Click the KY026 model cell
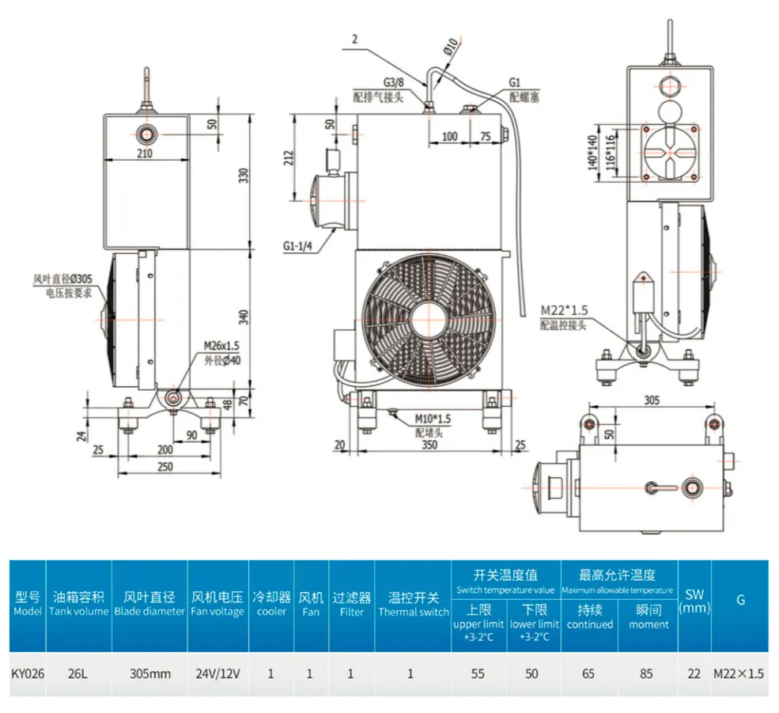[28, 673]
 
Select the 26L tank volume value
[78, 673]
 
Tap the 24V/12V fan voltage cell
[217, 673]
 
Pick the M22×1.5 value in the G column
[739, 673]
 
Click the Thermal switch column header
[414, 604]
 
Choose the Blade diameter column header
[149, 604]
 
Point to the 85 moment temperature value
[646, 673]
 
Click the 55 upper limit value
[478, 673]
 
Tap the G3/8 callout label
[394, 82]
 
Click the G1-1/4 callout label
[297, 245]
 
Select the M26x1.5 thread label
[221, 346]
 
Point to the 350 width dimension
[429, 445]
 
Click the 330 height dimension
[244, 176]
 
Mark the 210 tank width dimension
[145, 154]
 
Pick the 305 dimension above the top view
[652, 400]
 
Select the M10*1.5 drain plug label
[433, 419]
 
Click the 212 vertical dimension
[289, 157]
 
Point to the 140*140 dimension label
[592, 153]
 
